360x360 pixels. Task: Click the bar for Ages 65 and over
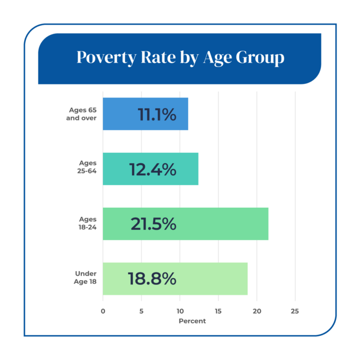point(146,114)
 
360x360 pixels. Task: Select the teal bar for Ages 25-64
point(151,169)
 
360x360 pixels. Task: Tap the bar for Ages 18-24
point(186,224)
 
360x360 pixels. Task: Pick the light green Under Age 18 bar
point(175,279)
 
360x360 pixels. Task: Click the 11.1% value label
point(157,114)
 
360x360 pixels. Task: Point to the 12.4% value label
point(153,169)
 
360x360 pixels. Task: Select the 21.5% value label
point(153,224)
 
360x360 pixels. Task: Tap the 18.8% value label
point(152,279)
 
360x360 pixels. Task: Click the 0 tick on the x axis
point(103,311)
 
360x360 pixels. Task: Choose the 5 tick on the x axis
point(141,311)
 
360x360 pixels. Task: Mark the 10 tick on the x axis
point(180,311)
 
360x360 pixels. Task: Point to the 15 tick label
point(218,311)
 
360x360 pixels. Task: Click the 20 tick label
point(257,311)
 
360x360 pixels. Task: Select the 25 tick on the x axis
point(295,311)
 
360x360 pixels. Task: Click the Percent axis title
point(192,321)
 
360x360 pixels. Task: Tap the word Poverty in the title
point(107,58)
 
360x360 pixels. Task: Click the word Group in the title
point(260,58)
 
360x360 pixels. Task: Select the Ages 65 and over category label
point(81,114)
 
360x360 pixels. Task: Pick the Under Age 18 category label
point(85,278)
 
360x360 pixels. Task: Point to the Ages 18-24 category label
point(87,223)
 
